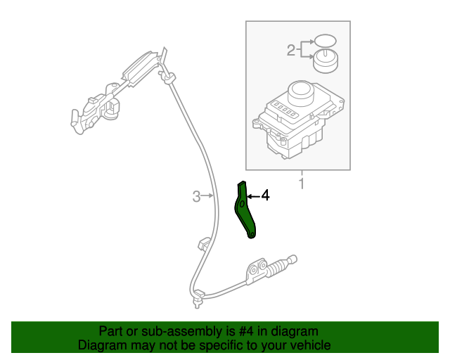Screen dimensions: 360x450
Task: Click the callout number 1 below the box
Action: (x=302, y=184)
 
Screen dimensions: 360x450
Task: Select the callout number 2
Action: (x=290, y=50)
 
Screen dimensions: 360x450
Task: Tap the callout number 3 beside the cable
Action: (x=197, y=197)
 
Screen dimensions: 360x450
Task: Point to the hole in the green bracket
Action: (x=240, y=204)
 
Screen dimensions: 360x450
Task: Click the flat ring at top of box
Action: (x=324, y=40)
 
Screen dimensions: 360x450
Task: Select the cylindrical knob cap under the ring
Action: (x=324, y=61)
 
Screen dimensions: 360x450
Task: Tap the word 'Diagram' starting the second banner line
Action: (x=102, y=346)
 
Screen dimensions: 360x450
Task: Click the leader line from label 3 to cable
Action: (x=207, y=197)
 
